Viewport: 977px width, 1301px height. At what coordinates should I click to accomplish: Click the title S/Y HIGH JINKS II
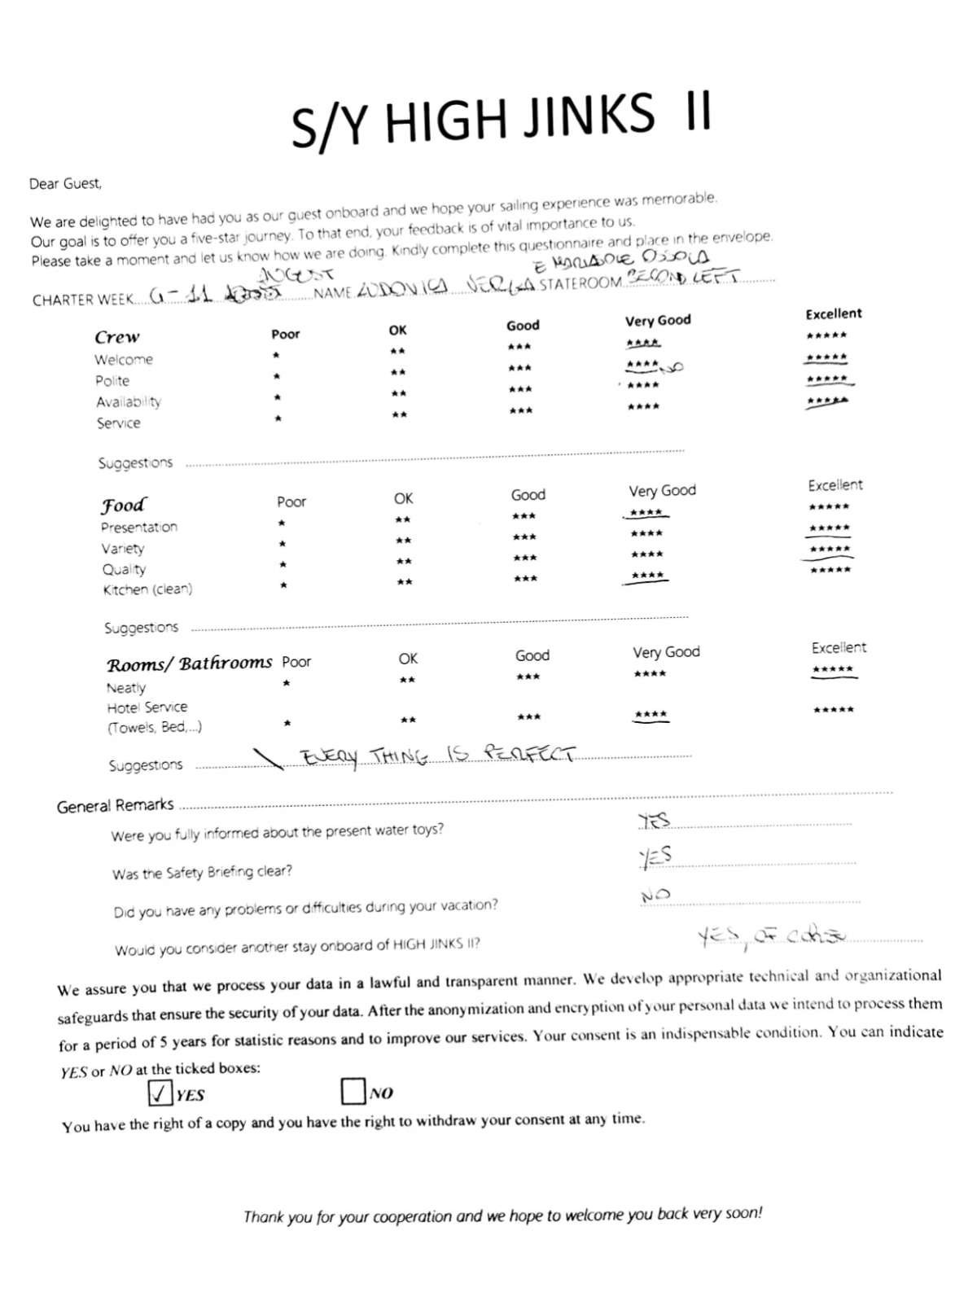click(501, 119)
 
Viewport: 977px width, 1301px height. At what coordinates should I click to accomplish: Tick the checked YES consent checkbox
click(160, 1093)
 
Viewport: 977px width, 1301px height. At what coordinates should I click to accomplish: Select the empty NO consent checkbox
click(353, 1091)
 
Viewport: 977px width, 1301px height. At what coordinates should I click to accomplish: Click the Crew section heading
click(117, 337)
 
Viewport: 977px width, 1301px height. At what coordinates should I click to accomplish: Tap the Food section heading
click(124, 505)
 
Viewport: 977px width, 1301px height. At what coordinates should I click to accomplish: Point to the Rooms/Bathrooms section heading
click(189, 664)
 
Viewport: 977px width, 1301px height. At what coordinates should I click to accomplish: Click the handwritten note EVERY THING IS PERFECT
click(438, 756)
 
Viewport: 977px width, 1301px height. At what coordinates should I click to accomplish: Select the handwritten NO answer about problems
click(655, 896)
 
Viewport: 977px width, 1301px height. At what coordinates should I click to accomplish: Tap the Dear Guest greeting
click(66, 184)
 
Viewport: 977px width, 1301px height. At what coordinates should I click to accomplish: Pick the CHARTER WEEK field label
click(82, 300)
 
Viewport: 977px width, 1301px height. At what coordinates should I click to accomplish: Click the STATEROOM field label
click(580, 285)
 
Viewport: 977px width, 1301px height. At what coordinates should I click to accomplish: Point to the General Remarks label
click(115, 806)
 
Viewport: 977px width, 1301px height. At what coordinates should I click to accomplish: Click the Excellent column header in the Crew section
click(833, 314)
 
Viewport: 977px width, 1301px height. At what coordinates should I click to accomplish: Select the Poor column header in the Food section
click(291, 502)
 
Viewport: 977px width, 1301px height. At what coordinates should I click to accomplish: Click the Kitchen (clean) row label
click(147, 589)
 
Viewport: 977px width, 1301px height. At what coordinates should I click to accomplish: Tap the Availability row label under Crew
click(129, 401)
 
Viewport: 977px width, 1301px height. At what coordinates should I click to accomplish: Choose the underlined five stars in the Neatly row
click(833, 671)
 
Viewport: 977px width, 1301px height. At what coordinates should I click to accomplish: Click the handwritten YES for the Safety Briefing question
click(655, 856)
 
